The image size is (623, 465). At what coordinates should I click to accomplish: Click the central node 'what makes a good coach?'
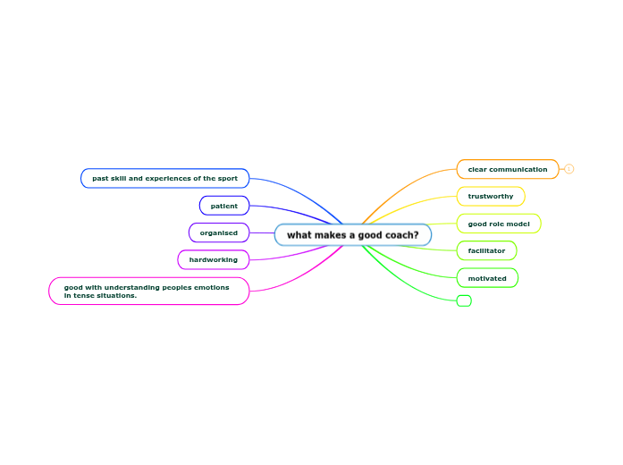click(x=352, y=235)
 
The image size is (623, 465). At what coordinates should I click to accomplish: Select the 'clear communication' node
click(x=507, y=169)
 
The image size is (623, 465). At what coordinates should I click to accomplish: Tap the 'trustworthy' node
click(x=491, y=196)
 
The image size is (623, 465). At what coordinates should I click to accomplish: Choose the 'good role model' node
click(x=499, y=224)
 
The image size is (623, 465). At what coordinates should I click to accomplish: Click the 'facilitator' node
click(x=486, y=250)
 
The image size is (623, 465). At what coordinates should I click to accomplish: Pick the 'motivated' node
click(x=487, y=278)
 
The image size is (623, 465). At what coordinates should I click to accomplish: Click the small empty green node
click(x=464, y=301)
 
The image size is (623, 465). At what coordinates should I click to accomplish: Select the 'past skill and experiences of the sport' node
click(x=164, y=179)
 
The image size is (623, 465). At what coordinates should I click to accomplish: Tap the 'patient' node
click(x=224, y=206)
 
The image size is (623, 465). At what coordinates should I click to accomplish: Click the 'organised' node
click(x=219, y=232)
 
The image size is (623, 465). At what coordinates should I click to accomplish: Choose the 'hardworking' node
click(x=214, y=259)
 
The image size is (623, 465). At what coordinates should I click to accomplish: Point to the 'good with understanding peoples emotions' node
click(x=148, y=292)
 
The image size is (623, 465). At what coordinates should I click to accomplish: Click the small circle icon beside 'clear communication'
click(x=569, y=169)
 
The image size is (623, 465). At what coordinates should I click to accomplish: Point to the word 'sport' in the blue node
click(x=227, y=179)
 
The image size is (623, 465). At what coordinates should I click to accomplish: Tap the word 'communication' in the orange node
click(x=519, y=169)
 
